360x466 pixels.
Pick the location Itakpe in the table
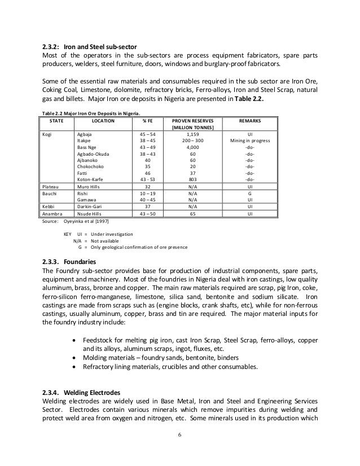pos(86,141)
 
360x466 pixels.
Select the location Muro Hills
pos(90,186)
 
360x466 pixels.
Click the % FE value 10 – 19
pos(147,192)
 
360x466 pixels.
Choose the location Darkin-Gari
pos(92,207)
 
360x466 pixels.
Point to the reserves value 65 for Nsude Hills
pos(193,214)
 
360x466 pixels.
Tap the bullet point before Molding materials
pos(76,356)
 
